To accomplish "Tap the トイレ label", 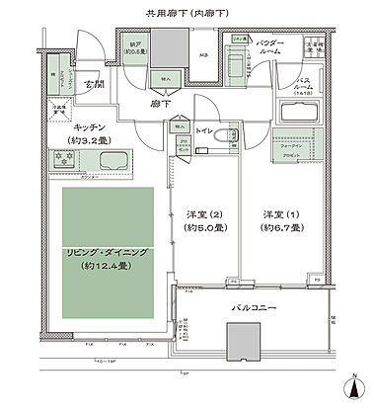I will (204, 128).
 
